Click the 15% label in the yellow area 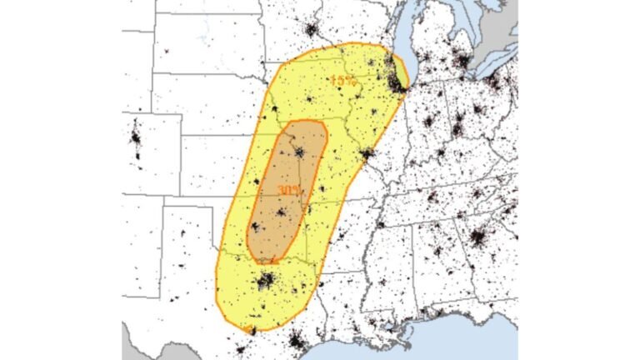click(342, 81)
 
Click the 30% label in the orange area click(289, 191)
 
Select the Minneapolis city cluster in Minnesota click(312, 32)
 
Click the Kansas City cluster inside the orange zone click(298, 152)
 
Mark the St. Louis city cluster click(367, 154)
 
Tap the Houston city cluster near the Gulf click(296, 340)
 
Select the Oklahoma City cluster click(256, 226)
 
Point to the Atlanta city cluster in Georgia click(477, 239)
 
